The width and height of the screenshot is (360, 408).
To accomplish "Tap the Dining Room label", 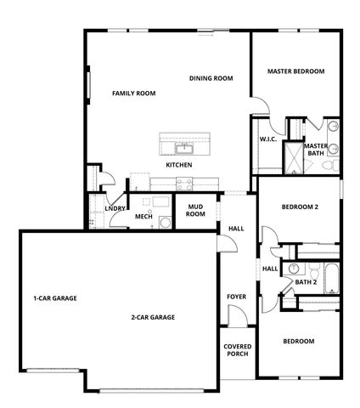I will (211, 78).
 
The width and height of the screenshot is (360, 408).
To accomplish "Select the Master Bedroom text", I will (295, 71).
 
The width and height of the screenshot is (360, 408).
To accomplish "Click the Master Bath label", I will (316, 150).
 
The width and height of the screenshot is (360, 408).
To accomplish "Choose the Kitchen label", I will (178, 164).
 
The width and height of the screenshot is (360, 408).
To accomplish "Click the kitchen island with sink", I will (185, 142).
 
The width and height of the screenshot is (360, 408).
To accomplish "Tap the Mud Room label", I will (196, 210).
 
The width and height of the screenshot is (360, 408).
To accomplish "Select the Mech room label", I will (143, 217).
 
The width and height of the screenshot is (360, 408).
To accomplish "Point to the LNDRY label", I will (115, 208).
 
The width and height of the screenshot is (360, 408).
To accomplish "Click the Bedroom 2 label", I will (299, 207).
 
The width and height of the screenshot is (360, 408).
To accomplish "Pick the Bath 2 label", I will (306, 281).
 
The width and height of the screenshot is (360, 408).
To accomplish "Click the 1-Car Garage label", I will (55, 298).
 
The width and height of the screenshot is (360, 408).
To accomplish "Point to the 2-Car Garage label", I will (153, 317).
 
